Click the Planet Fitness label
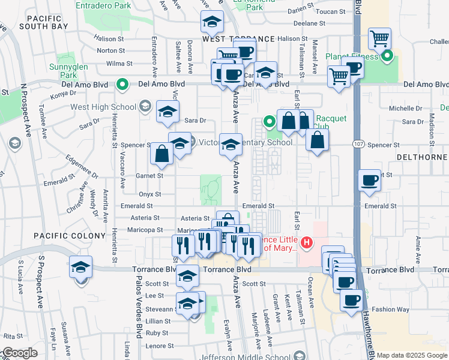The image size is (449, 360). point(352,56)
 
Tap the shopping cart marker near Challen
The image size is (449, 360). point(379,40)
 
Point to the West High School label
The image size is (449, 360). point(103,107)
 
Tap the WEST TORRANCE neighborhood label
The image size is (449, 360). point(238,38)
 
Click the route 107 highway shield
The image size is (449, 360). point(357,145)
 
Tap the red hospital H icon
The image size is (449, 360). point(307,243)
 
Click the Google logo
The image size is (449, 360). point(19,353)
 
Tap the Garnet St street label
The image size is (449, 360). point(151,176)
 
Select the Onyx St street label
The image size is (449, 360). point(150,194)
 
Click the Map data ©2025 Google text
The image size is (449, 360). point(412,356)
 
